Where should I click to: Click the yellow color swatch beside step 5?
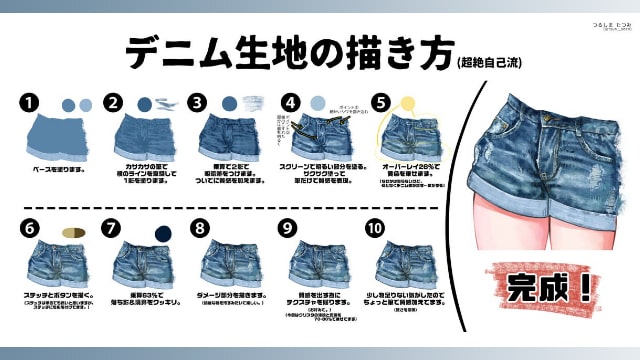click(407, 102)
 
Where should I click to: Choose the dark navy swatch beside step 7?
click(161, 233)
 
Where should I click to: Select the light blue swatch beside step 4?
click(318, 103)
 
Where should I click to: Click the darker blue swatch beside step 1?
click(67, 104)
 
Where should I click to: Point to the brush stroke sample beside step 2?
click(169, 104)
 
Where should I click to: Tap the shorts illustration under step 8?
click(229, 264)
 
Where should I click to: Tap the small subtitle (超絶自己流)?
click(487, 62)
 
